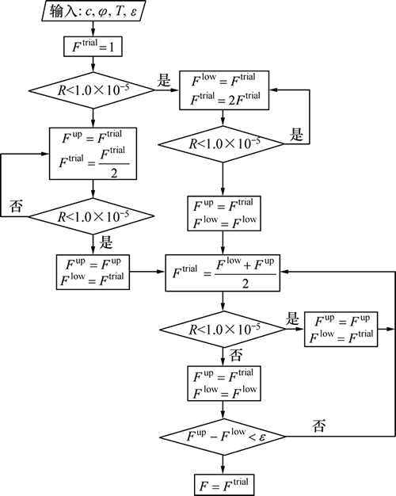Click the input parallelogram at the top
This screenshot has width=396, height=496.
click(x=93, y=11)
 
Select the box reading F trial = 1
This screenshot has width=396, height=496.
click(x=93, y=47)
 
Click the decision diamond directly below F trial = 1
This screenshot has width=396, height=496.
click(x=92, y=90)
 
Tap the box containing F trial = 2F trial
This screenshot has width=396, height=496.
click(x=224, y=90)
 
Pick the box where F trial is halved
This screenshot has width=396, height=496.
click(x=93, y=154)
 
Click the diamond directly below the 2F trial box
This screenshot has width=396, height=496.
click(x=222, y=144)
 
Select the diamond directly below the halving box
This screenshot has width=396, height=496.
click(x=92, y=216)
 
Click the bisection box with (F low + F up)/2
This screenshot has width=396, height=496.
click(x=223, y=273)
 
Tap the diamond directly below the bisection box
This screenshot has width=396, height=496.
click(x=223, y=330)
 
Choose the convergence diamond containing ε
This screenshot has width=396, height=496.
click(x=223, y=437)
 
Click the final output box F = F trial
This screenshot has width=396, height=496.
click(x=224, y=485)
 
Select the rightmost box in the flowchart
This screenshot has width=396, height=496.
click(x=341, y=330)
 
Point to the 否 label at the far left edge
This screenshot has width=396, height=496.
click(x=16, y=206)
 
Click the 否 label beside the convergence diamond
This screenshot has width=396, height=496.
click(x=319, y=425)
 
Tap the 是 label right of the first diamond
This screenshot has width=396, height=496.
click(x=164, y=80)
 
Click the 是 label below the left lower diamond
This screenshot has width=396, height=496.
click(x=106, y=242)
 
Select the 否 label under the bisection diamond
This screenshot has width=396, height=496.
click(x=236, y=355)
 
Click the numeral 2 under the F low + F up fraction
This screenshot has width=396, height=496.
click(x=246, y=284)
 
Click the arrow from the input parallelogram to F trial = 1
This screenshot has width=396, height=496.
click(x=93, y=29)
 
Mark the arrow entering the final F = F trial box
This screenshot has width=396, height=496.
click(x=223, y=464)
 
